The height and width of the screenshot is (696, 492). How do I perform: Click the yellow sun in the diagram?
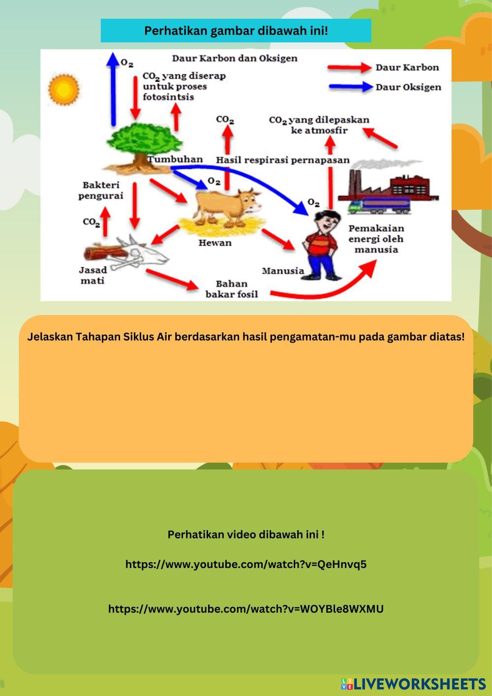pos(63,89)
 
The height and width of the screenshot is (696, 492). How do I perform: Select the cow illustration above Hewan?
pos(226,207)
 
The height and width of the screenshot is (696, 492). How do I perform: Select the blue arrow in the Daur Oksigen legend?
pos(350,87)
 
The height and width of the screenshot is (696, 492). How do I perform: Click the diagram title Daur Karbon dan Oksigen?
pos(235,59)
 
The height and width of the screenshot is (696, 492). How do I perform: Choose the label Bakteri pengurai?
pos(101,190)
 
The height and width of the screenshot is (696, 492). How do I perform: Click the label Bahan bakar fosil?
pos(231,289)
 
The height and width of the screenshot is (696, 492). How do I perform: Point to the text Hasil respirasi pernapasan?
pos(283,160)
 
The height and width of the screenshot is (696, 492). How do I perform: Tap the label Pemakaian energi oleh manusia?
pos(376,239)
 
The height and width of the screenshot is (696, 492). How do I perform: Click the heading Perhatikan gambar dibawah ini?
pos(236,31)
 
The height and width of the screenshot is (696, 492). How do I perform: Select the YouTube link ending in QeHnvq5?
pos(246,564)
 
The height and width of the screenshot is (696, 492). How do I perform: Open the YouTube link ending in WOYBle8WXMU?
pos(246,609)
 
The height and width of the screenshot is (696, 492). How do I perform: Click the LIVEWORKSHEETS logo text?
pos(418,684)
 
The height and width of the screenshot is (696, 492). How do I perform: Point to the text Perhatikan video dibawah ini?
pos(246,535)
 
